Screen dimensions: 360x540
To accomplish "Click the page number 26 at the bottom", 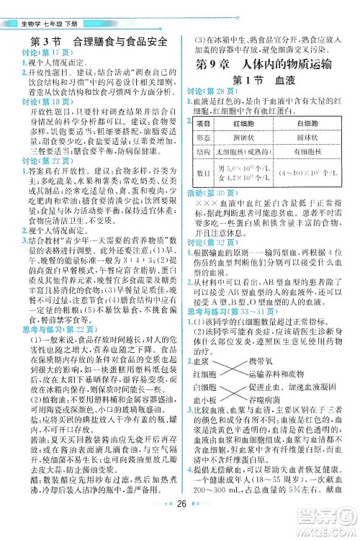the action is (x=180, y=523).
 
